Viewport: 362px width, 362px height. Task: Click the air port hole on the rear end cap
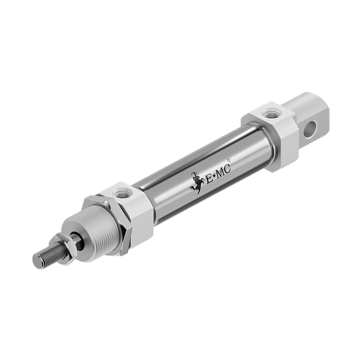pos(271,115)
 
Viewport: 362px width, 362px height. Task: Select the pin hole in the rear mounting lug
pos(310,129)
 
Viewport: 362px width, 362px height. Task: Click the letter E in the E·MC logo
pos(209,180)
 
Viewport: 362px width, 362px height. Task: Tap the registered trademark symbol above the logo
pos(228,160)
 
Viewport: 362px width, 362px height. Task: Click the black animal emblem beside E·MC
pos(197,183)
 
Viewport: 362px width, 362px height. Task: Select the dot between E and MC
pos(214,176)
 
